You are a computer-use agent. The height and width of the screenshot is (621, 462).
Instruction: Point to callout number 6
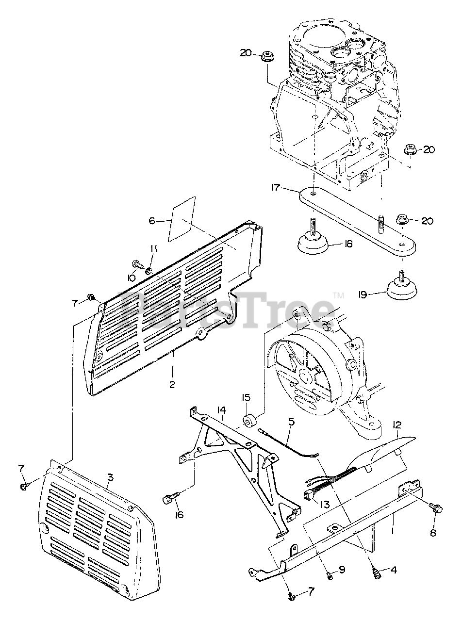point(152,221)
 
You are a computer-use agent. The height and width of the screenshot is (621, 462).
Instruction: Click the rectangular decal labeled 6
point(181,219)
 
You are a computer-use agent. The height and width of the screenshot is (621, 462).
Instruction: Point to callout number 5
point(291,422)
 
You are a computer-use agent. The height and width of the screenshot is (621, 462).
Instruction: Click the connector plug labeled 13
point(309,494)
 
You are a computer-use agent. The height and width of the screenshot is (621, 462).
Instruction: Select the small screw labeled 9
point(329,575)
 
